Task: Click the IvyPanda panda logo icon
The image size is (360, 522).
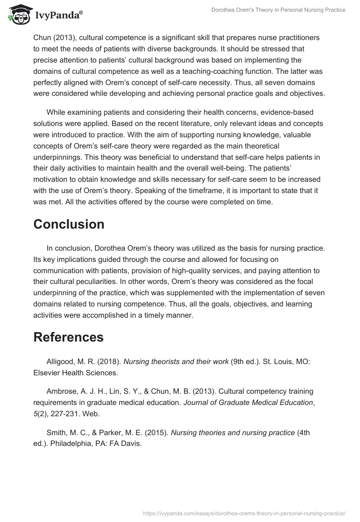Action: click(18, 14)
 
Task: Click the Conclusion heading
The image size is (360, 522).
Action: click(69, 224)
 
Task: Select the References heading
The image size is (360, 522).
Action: click(68, 337)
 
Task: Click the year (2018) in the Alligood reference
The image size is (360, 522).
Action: click(108, 362)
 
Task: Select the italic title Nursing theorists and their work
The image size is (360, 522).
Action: click(176, 362)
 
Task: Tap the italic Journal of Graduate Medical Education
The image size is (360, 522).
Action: click(248, 403)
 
